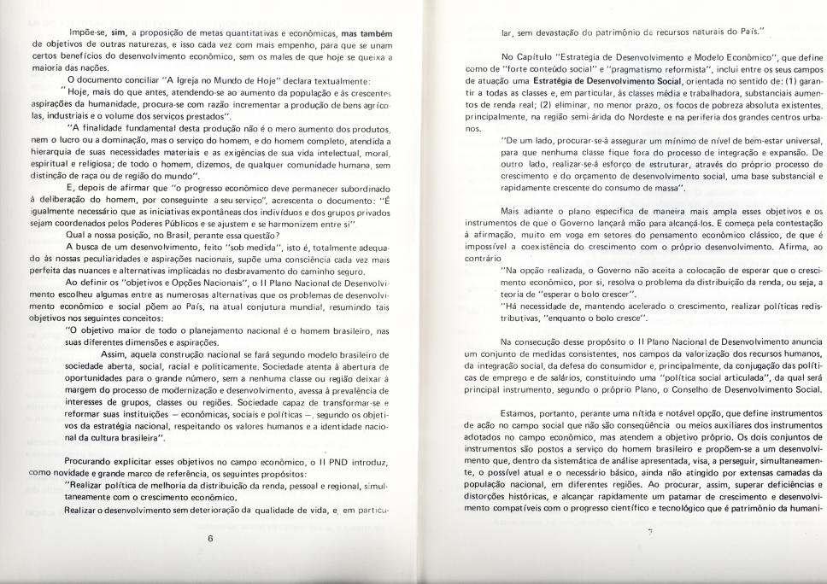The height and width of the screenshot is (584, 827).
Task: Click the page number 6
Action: click(209, 539)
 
